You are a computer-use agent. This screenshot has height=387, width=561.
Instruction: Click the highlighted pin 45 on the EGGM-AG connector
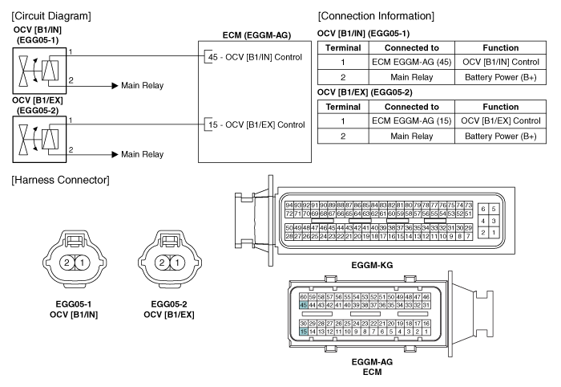tap(304, 305)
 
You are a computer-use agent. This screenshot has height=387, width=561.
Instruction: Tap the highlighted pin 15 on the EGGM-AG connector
tap(304, 332)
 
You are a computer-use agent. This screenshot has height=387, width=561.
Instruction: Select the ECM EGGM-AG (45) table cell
tap(411, 62)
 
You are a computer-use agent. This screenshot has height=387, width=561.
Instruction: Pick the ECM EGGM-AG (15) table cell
tap(411, 120)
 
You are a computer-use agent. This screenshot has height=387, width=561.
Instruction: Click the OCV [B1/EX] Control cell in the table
tap(501, 120)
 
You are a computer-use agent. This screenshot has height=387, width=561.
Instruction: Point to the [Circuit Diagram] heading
tap(51, 16)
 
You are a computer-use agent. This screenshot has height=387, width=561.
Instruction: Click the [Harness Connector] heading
tap(60, 180)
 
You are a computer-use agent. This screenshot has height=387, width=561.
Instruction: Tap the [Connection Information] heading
tap(376, 16)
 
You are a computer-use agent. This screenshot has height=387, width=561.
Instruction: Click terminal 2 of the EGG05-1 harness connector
tap(67, 263)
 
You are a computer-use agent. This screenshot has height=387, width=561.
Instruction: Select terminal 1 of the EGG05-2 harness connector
tap(177, 263)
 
